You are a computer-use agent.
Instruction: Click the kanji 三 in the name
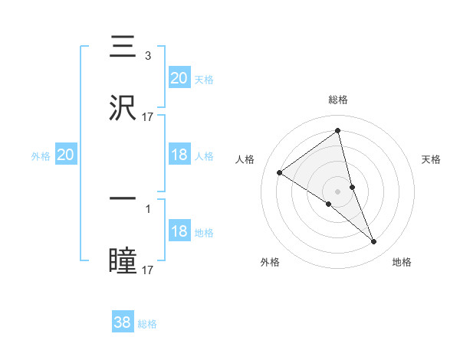click(123, 47)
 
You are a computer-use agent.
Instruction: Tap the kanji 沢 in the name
click(123, 108)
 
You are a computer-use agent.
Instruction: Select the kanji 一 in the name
click(123, 199)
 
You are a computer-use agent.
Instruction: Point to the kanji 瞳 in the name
click(123, 260)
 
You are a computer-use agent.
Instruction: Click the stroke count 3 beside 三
click(147, 56)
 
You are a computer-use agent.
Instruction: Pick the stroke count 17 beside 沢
click(148, 117)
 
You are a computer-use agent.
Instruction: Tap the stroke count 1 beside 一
click(147, 208)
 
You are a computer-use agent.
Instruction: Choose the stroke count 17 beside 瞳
click(148, 270)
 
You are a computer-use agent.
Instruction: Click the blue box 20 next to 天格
click(179, 77)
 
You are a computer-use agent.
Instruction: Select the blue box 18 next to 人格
click(179, 155)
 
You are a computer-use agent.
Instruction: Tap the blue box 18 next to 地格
click(179, 231)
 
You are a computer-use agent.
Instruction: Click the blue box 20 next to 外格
click(66, 155)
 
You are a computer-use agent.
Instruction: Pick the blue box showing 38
click(123, 322)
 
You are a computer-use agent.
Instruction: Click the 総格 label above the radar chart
click(338, 100)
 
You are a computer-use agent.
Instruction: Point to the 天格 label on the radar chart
click(432, 159)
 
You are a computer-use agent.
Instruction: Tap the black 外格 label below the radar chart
click(270, 262)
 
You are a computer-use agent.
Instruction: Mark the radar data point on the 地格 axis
click(374, 242)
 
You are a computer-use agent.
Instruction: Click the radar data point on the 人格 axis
click(280, 172)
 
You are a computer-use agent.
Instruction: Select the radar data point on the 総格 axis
click(338, 131)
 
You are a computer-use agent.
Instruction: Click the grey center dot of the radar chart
click(338, 191)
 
